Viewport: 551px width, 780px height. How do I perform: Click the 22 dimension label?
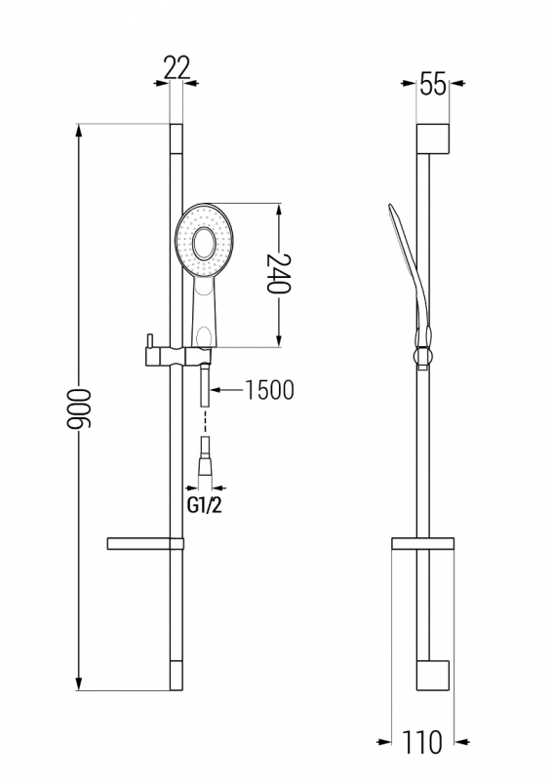pyautogui.click(x=177, y=67)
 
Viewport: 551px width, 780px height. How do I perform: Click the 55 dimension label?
pyautogui.click(x=433, y=83)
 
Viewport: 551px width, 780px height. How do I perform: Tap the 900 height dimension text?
pyautogui.click(x=80, y=409)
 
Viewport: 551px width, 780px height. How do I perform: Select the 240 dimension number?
pyautogui.click(x=279, y=274)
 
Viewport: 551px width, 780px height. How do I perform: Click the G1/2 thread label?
pyautogui.click(x=204, y=506)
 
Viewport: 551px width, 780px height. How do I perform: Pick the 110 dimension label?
pyautogui.click(x=422, y=742)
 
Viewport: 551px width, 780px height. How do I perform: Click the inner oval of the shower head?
pyautogui.click(x=204, y=243)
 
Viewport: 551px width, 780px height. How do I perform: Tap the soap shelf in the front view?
pyautogui.click(x=145, y=544)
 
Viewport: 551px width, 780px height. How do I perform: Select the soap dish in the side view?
pyautogui.click(x=422, y=544)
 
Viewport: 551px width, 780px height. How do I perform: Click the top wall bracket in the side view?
pyautogui.click(x=433, y=138)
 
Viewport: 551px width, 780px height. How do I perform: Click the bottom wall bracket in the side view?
pyautogui.click(x=433, y=676)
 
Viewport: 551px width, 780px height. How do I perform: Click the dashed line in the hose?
pyautogui.click(x=205, y=422)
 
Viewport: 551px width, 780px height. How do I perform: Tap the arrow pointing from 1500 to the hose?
pyautogui.click(x=226, y=390)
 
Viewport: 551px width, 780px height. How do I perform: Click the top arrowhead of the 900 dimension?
pyautogui.click(x=78, y=132)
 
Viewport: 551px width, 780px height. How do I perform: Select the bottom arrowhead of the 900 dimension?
pyautogui.click(x=78, y=683)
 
